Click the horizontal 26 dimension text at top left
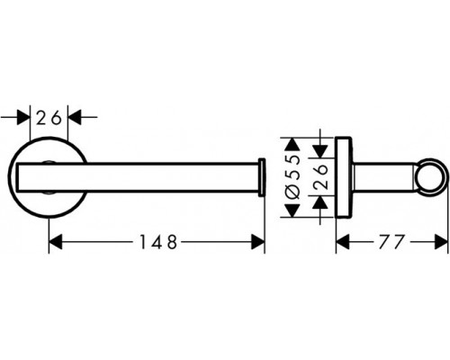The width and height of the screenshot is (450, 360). coord(50,116)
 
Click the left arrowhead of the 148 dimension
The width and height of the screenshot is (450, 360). coord(54,241)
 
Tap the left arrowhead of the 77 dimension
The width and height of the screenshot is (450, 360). coord(342,241)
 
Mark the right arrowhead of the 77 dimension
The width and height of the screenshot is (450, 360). coord(443,241)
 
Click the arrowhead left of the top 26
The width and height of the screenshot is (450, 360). coord(25,116)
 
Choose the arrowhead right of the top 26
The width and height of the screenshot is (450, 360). coord(76,116)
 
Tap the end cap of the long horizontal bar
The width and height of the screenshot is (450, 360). coord(262,176)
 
